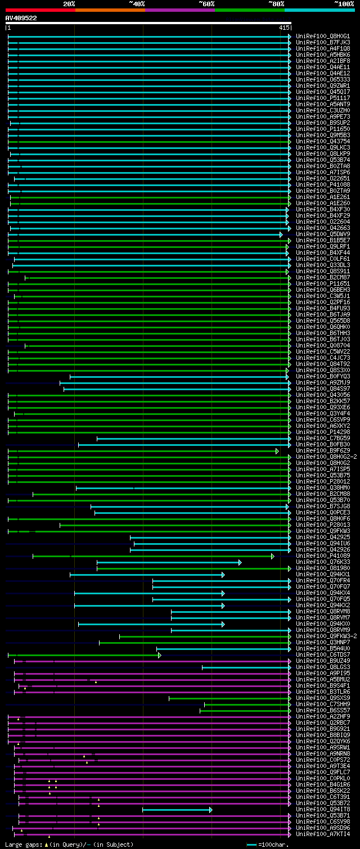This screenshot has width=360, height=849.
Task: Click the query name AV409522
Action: point(21,18)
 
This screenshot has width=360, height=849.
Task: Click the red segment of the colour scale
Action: point(40,10)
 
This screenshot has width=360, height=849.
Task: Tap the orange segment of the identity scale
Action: point(110,10)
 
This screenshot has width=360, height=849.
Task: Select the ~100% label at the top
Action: point(344,3)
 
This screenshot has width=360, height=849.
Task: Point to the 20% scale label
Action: point(69,3)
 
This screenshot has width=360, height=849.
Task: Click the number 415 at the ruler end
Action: point(283,28)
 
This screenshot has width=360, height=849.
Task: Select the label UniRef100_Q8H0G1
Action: point(323,37)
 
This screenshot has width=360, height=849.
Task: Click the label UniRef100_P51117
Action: point(323,98)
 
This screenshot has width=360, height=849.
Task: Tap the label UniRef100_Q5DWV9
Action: point(323,234)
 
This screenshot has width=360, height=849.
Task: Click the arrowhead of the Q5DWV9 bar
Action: point(281,234)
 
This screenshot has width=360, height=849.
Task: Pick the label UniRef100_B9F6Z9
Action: point(323,451)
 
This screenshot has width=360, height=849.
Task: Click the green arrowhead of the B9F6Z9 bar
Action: point(277,451)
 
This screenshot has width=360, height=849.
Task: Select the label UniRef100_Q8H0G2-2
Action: point(326,457)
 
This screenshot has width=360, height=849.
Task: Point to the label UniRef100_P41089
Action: point(323,556)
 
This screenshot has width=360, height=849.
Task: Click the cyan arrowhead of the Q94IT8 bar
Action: point(211,810)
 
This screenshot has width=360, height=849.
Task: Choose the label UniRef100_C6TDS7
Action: point(323,655)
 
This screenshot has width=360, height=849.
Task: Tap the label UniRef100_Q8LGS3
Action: point(323,667)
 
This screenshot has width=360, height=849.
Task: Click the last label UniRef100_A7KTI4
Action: point(323,834)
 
